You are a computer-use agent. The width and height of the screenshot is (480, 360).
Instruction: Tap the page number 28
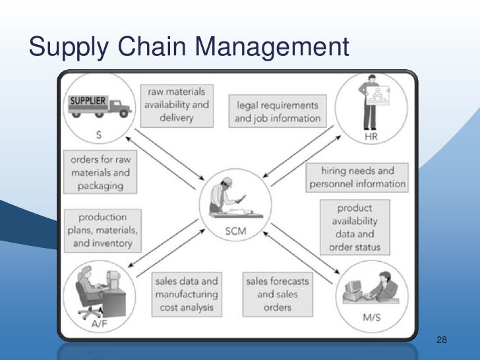point(442,340)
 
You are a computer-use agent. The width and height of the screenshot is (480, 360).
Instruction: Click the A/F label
point(100,323)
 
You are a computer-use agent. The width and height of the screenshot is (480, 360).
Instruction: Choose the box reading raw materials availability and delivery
point(176,104)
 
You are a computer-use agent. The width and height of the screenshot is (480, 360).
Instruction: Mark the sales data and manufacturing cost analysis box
point(185,295)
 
